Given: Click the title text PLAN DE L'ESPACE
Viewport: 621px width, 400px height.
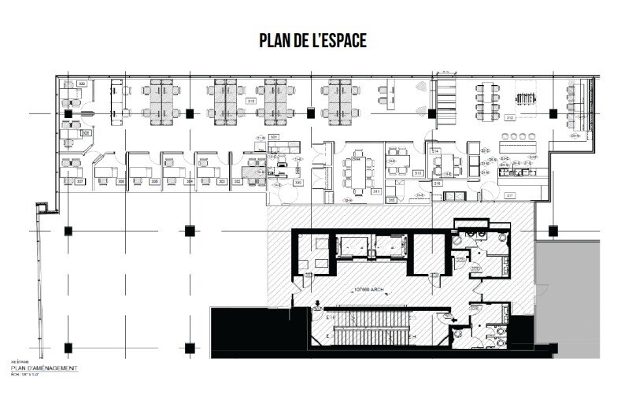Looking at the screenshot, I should pos(312,41).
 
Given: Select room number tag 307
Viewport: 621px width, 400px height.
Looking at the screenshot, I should pos(80,181).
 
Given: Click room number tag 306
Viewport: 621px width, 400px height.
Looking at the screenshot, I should pos(121,181).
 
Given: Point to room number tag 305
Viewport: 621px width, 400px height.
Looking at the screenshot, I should pos(156,181).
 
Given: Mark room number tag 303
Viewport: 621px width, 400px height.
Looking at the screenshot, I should pos(224,181).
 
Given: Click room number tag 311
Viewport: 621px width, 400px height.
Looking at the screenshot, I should pos(376,191).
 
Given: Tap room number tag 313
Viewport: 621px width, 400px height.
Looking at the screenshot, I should pos(419,172).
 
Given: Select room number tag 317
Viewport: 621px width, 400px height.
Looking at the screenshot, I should pos(509,195).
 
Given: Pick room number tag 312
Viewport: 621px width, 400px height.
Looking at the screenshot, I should pos(509,118).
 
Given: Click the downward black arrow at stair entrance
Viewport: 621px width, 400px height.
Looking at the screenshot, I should pos(316,305).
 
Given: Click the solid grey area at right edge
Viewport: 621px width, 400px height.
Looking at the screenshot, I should pos(578,291).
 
